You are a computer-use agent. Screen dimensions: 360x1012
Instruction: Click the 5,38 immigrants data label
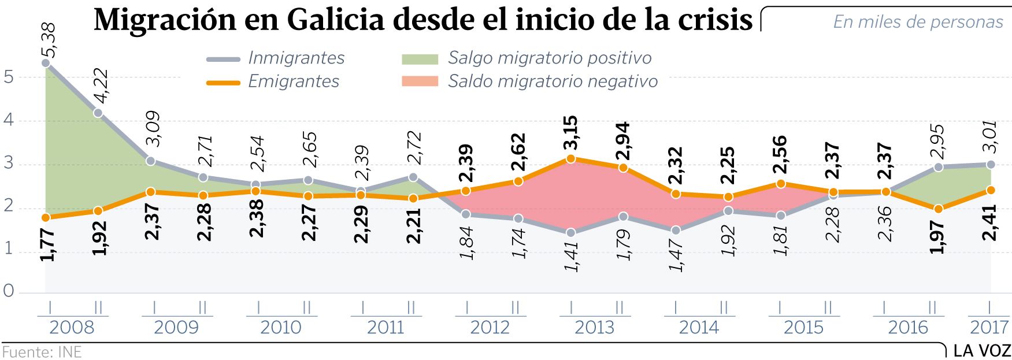[49, 40]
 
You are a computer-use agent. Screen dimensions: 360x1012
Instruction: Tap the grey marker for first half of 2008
[46, 62]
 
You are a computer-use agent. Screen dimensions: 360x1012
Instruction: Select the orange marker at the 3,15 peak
[571, 158]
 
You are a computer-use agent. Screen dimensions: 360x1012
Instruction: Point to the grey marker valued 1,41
[571, 233]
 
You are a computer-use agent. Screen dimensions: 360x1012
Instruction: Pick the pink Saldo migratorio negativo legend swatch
[420, 81]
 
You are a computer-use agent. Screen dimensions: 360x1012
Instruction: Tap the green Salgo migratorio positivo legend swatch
[420, 58]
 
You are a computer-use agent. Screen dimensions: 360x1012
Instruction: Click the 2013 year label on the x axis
[594, 328]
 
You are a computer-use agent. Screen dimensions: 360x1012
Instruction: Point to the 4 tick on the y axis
[8, 121]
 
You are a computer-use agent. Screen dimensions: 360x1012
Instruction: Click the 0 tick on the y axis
[8, 291]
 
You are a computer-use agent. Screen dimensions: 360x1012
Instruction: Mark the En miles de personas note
[918, 22]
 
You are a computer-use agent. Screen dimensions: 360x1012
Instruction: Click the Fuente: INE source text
[42, 352]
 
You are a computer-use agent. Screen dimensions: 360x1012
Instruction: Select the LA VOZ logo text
[981, 351]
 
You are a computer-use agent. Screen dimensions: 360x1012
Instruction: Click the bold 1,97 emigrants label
[938, 237]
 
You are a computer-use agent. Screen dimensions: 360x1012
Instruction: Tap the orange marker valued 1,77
[46, 217]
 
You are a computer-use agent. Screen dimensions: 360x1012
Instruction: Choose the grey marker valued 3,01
[990, 165]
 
